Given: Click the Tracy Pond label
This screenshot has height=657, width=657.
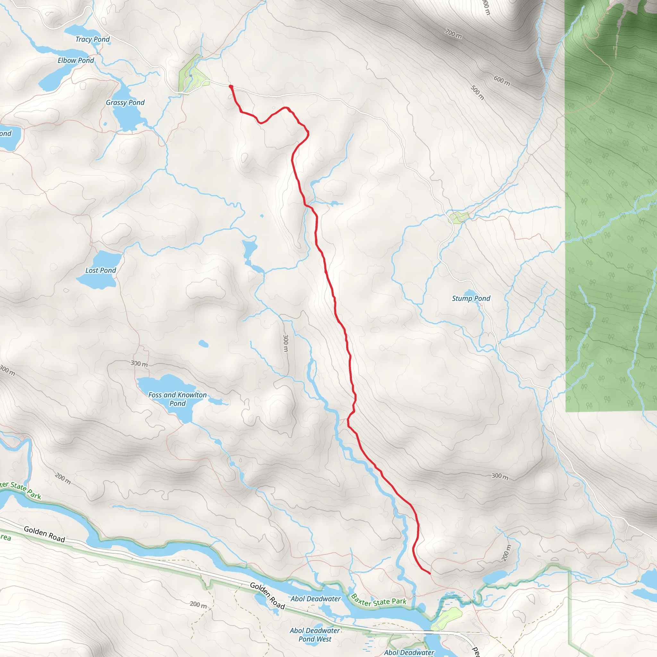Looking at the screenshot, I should (92, 39).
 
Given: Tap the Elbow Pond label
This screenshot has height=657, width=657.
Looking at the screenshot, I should (75, 61).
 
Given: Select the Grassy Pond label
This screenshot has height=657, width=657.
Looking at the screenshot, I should (125, 103).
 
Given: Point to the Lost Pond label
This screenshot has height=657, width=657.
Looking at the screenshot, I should (100, 270).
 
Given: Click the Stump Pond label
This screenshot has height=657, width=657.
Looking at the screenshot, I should (471, 299).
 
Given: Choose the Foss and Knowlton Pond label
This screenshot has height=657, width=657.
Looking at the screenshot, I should (177, 399).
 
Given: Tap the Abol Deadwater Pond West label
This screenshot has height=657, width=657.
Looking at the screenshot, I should (315, 635).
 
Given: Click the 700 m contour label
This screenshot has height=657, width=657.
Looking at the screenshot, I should (453, 33).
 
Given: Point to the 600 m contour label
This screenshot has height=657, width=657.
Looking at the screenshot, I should (502, 81).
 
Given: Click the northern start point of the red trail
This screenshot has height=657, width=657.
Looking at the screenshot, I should (231, 87).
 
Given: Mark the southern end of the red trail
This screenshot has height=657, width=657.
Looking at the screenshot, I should (430, 573).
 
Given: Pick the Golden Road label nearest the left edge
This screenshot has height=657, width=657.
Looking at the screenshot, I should (44, 534).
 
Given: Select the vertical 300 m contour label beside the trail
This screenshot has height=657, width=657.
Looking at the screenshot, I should (286, 344).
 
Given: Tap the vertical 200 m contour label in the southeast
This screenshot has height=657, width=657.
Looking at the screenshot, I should (506, 553).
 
